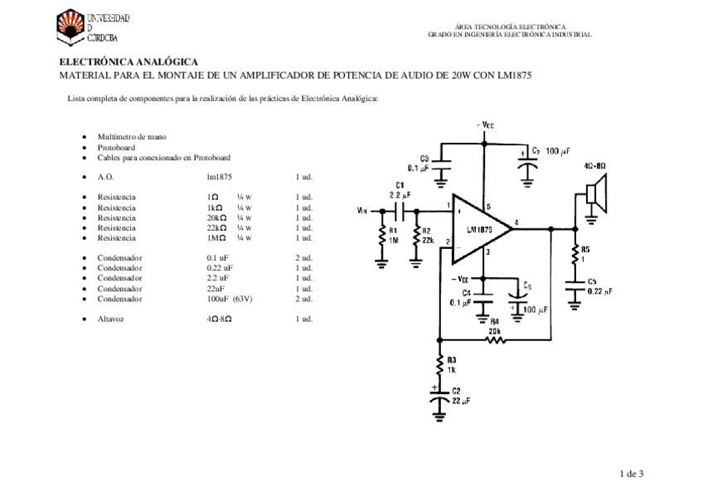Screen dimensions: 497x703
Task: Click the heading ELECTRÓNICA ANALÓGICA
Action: pyautogui.click(x=128, y=62)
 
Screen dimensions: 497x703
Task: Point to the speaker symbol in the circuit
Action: pyautogui.click(x=594, y=194)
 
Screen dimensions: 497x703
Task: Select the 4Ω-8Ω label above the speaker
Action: pyautogui.click(x=594, y=167)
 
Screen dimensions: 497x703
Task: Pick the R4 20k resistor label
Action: pyautogui.click(x=494, y=326)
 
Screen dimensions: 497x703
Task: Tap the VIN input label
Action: pyautogui.click(x=362, y=211)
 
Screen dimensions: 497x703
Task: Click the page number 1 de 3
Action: pyautogui.click(x=632, y=474)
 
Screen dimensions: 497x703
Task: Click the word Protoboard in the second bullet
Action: pyautogui.click(x=116, y=147)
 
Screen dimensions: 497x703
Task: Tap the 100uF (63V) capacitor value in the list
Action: pyautogui.click(x=230, y=299)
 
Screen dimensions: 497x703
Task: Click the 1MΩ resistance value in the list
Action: pyautogui.click(x=218, y=237)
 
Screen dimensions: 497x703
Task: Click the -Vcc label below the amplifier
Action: pyautogui.click(x=460, y=280)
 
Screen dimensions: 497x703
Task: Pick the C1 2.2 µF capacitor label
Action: pyautogui.click(x=400, y=190)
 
